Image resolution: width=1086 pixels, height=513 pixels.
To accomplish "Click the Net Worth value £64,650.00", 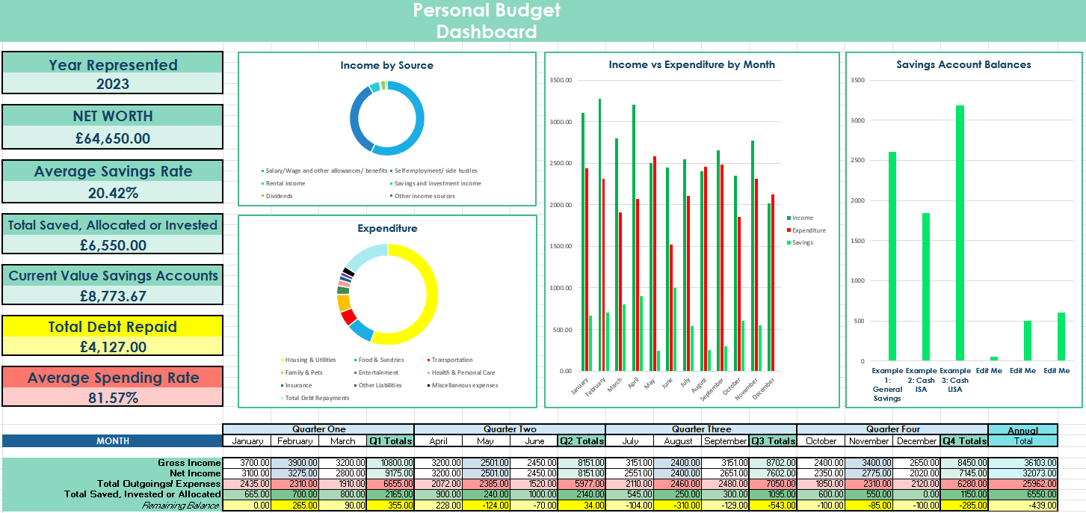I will coord(112,138).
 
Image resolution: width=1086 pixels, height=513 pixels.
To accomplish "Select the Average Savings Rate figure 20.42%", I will coord(112,193).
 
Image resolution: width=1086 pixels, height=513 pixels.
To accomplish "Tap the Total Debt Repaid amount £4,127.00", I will coord(112,347).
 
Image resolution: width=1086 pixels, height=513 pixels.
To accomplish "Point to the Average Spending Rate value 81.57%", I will coord(112,398).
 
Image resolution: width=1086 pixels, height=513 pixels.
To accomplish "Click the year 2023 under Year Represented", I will coord(112,84).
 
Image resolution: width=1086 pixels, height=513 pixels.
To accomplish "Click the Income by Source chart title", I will coord(386,65).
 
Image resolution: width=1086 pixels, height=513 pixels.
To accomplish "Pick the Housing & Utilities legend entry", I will coord(310,360).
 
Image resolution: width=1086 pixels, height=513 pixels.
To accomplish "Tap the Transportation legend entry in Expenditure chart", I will coord(451,360).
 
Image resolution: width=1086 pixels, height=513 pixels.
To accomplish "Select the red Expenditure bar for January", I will coord(587,269).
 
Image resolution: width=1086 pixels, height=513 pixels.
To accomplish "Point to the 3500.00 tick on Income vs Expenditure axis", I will coord(560,81).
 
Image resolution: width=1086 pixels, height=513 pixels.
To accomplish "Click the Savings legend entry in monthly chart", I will coord(802,242).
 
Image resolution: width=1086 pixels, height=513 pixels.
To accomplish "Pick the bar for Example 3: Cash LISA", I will coord(960,233).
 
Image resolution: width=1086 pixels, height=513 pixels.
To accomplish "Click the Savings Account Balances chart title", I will coord(963,65).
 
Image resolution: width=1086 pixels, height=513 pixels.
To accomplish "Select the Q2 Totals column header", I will coord(582,441).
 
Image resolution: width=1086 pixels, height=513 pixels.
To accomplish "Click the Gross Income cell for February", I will coord(295,463).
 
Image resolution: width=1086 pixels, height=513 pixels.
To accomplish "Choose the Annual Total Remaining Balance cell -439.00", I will coord(1023,506).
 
